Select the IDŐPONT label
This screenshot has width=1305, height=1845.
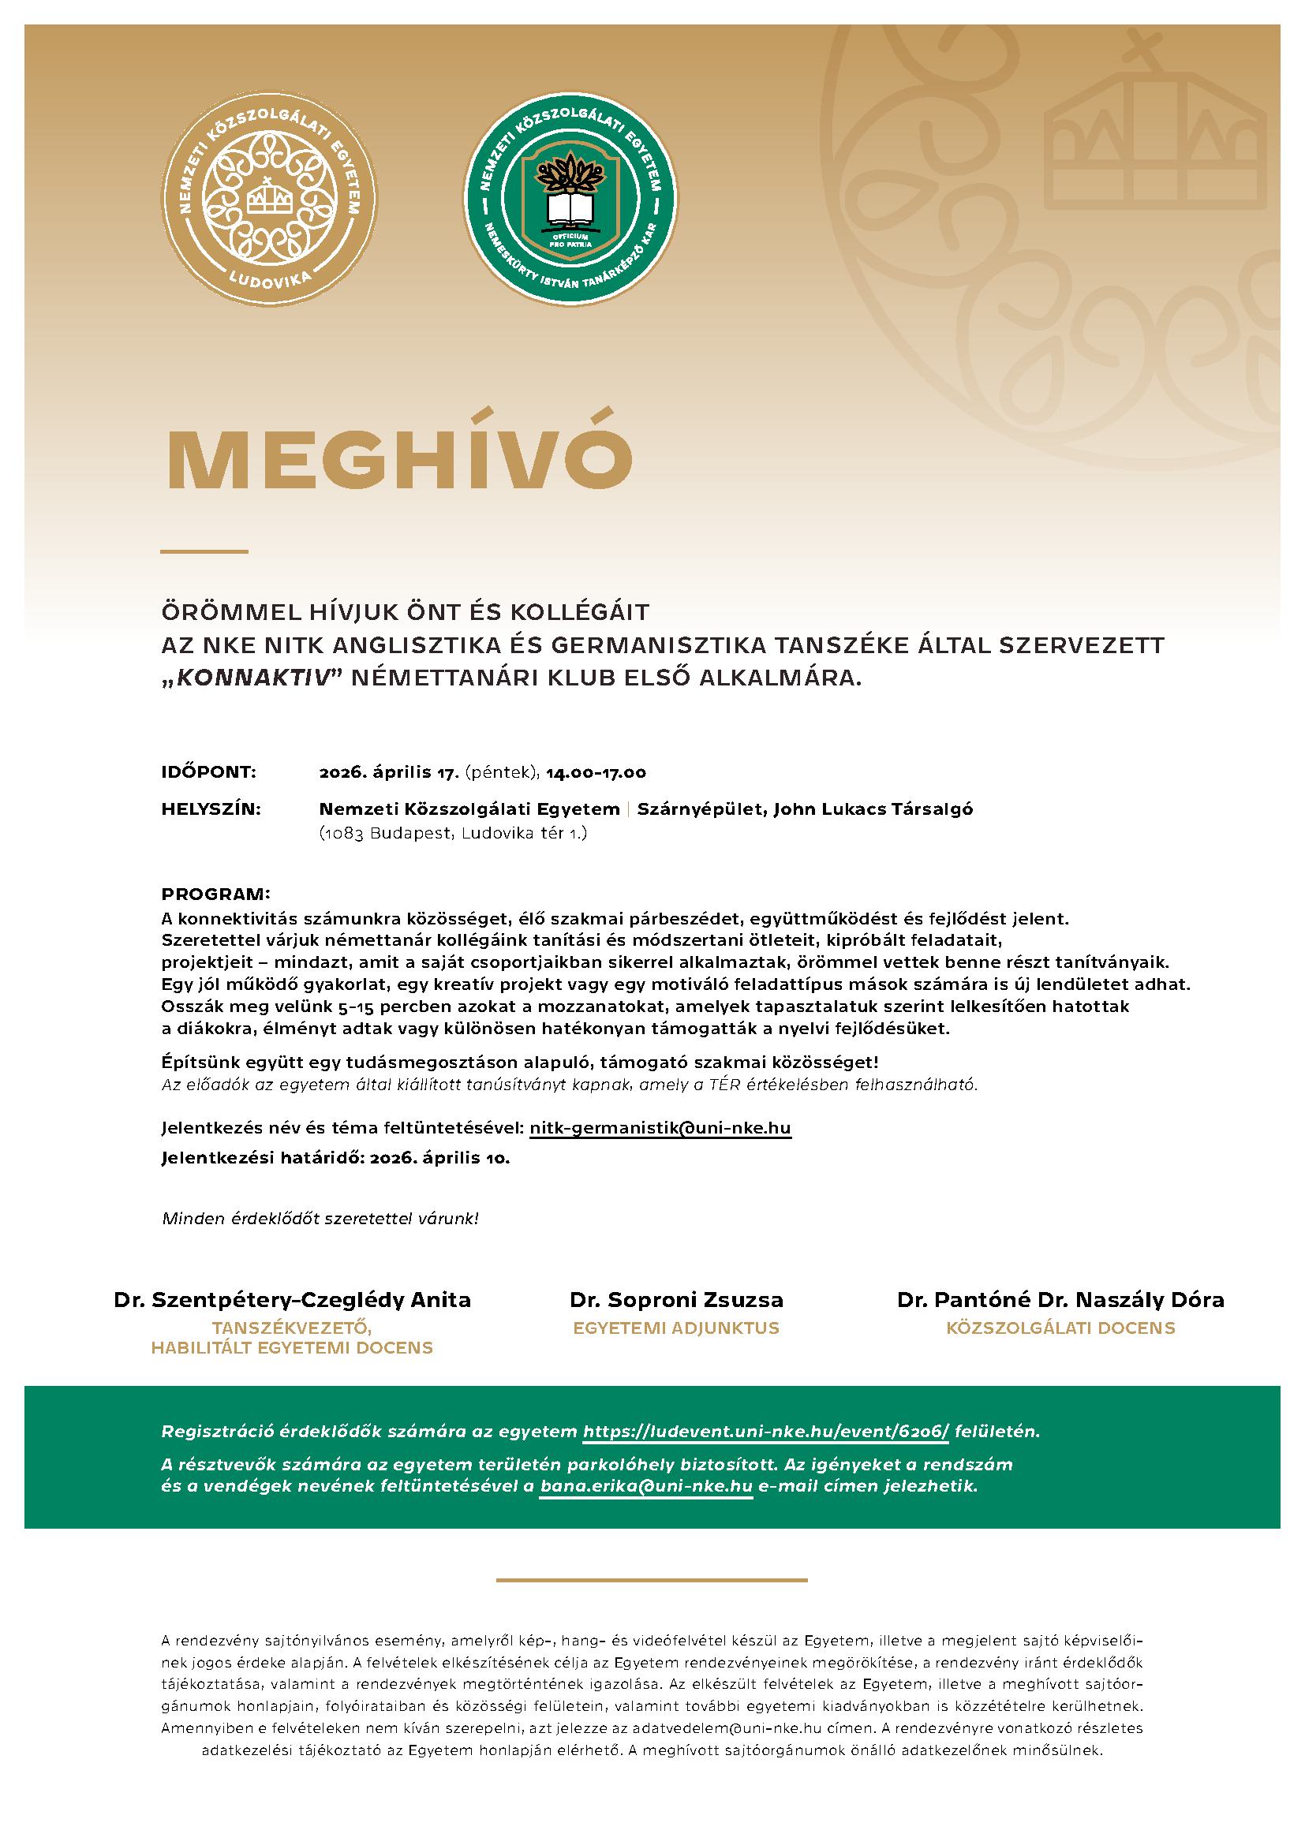pyautogui.click(x=209, y=773)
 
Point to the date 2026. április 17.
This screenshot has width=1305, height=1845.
pyautogui.click(x=389, y=773)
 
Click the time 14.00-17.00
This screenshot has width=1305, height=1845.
pyautogui.click(x=596, y=773)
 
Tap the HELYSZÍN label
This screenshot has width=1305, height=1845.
pyautogui.click(x=211, y=809)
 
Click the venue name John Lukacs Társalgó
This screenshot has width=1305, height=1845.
pyautogui.click(x=873, y=809)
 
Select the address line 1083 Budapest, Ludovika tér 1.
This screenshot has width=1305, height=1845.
pyautogui.click(x=453, y=833)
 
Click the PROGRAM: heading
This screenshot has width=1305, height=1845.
pyautogui.click(x=216, y=894)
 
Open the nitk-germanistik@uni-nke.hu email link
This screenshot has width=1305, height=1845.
pyautogui.click(x=660, y=1128)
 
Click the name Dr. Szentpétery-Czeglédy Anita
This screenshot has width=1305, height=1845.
pyautogui.click(x=293, y=1299)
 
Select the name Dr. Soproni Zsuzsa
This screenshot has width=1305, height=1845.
pyautogui.click(x=677, y=1299)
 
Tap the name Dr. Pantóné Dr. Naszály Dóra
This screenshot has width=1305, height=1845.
pyautogui.click(x=1060, y=1299)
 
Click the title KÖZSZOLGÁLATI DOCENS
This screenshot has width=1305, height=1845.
pyautogui.click(x=1060, y=1328)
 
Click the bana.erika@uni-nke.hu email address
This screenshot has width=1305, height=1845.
pyautogui.click(x=646, y=1486)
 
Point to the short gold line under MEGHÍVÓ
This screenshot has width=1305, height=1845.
pyautogui.click(x=204, y=551)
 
